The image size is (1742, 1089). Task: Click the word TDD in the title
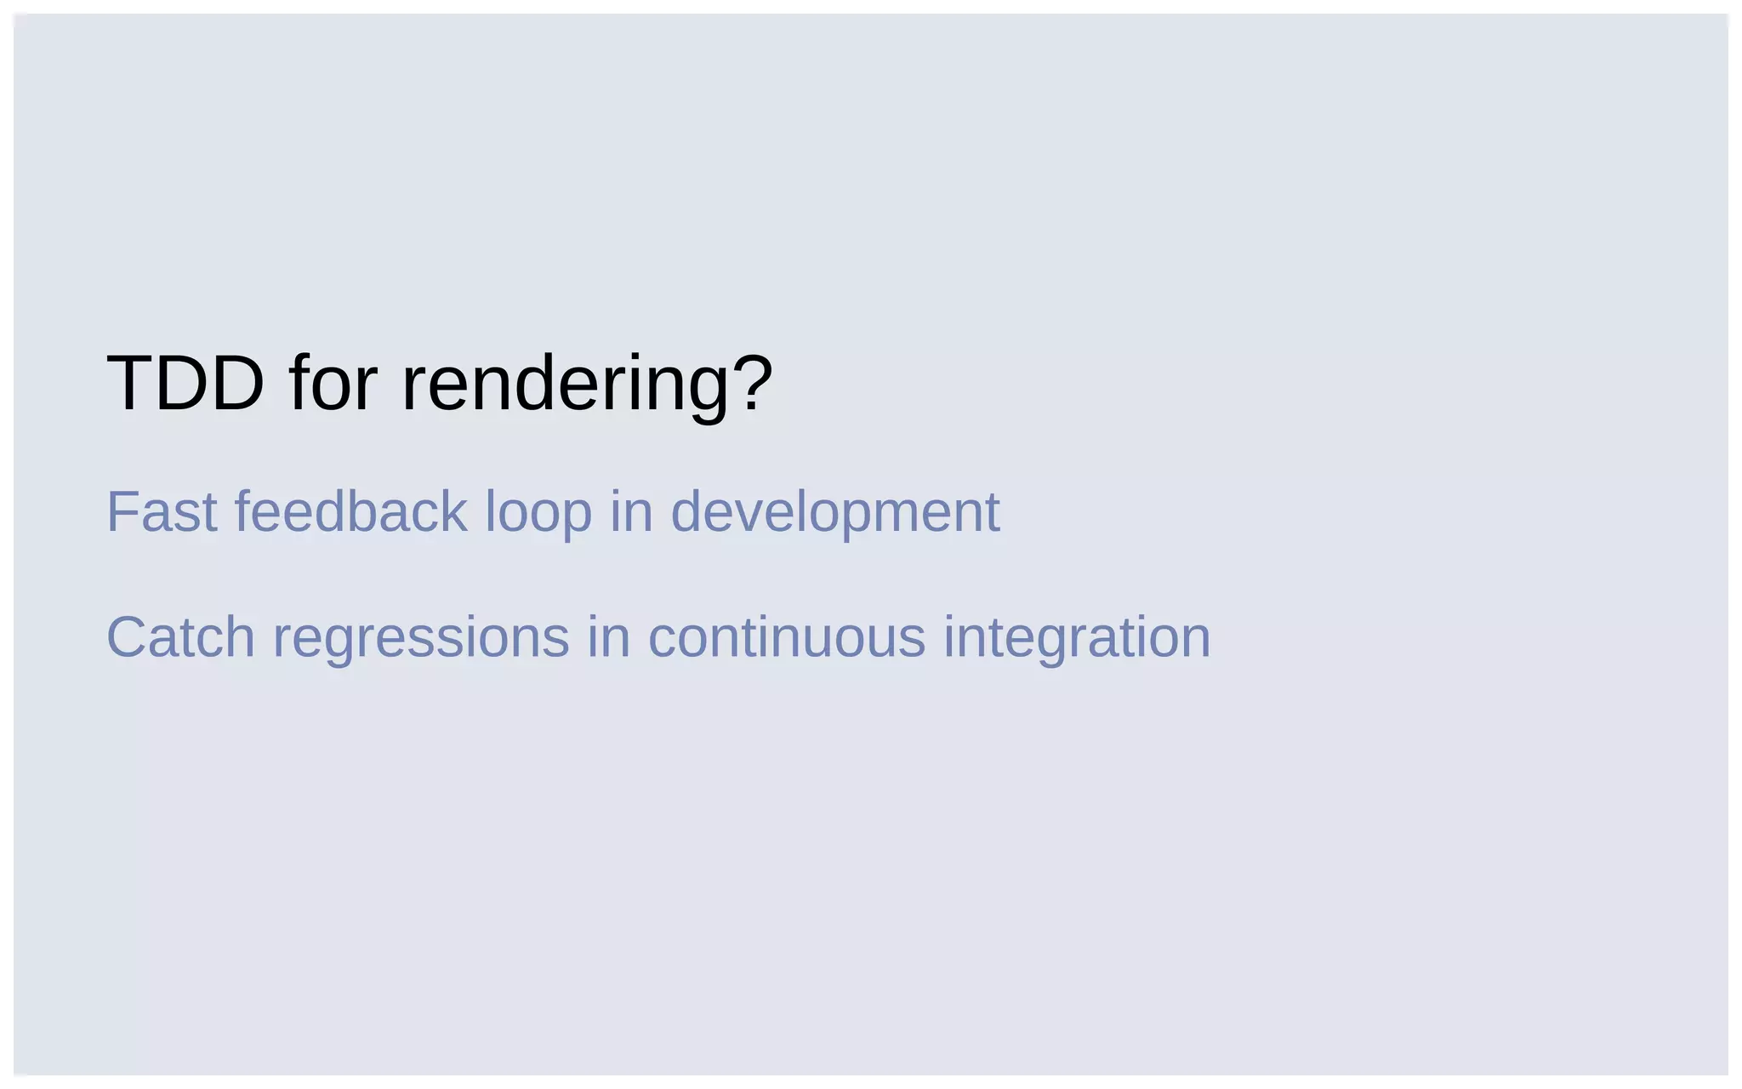click(185, 384)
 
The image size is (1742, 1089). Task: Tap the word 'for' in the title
click(333, 384)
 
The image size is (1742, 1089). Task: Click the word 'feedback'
click(350, 512)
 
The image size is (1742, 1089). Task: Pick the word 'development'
click(834, 514)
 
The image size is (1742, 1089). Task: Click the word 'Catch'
click(180, 637)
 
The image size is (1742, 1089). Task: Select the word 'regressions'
click(420, 639)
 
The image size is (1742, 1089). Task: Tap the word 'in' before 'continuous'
click(608, 637)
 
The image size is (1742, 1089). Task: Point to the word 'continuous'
click(786, 637)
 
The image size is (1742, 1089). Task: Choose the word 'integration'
click(1077, 639)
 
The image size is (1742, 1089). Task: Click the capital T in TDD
click(128, 384)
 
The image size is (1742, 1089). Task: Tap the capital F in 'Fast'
click(122, 512)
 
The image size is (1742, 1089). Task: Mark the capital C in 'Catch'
click(126, 637)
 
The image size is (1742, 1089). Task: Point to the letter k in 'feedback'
click(453, 512)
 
